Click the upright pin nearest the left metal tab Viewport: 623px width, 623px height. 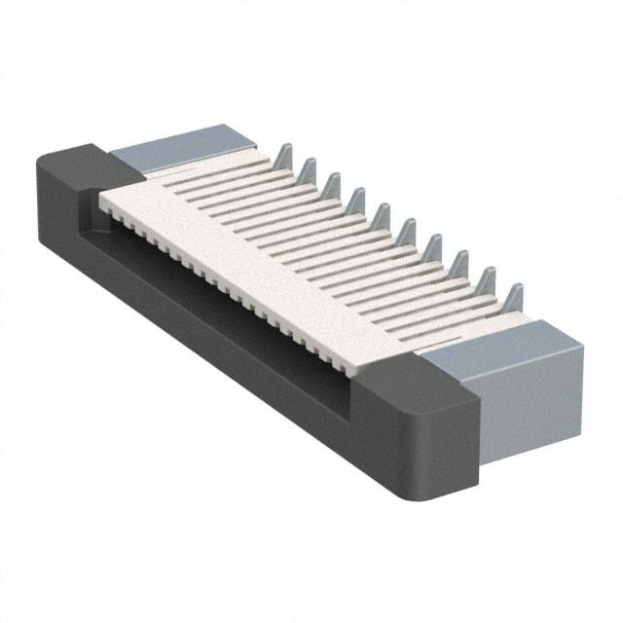coord(283,156)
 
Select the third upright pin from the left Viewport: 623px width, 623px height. coord(333,185)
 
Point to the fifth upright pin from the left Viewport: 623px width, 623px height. coord(383,215)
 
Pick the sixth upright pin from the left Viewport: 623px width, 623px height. coord(409,231)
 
